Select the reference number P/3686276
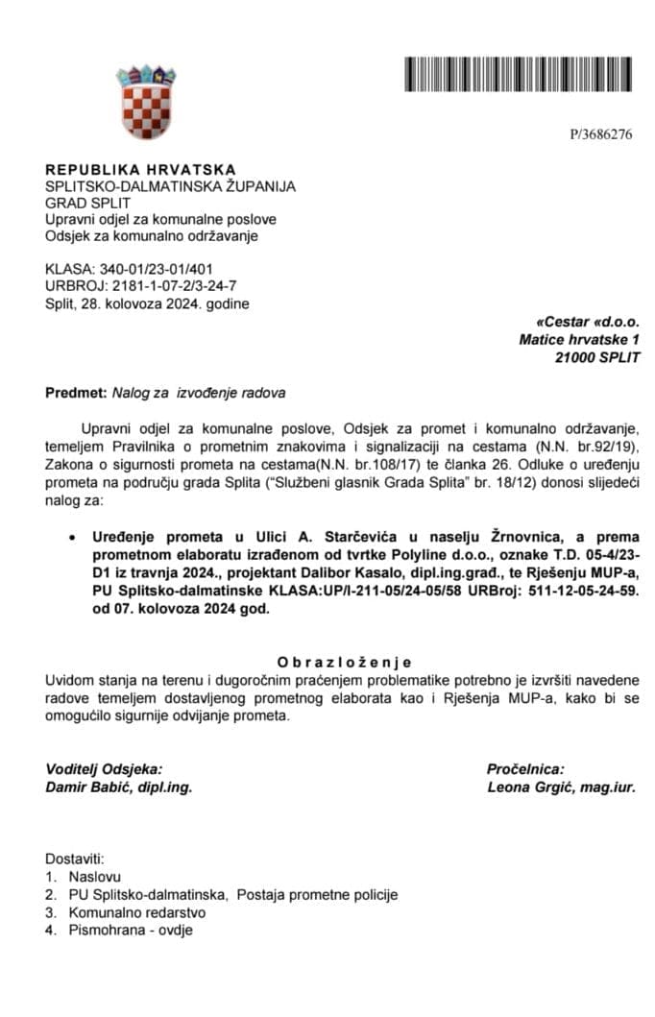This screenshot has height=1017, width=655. [x=600, y=134]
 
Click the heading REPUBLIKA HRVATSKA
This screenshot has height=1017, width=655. [x=140, y=169]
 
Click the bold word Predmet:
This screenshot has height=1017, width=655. [x=75, y=393]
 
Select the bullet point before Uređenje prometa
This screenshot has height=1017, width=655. [x=73, y=536]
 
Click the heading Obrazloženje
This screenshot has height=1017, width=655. [x=343, y=662]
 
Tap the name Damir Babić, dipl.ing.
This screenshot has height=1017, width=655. [x=119, y=787]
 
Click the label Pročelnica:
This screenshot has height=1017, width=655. [x=525, y=768]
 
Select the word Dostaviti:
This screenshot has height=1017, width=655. [x=75, y=860]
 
